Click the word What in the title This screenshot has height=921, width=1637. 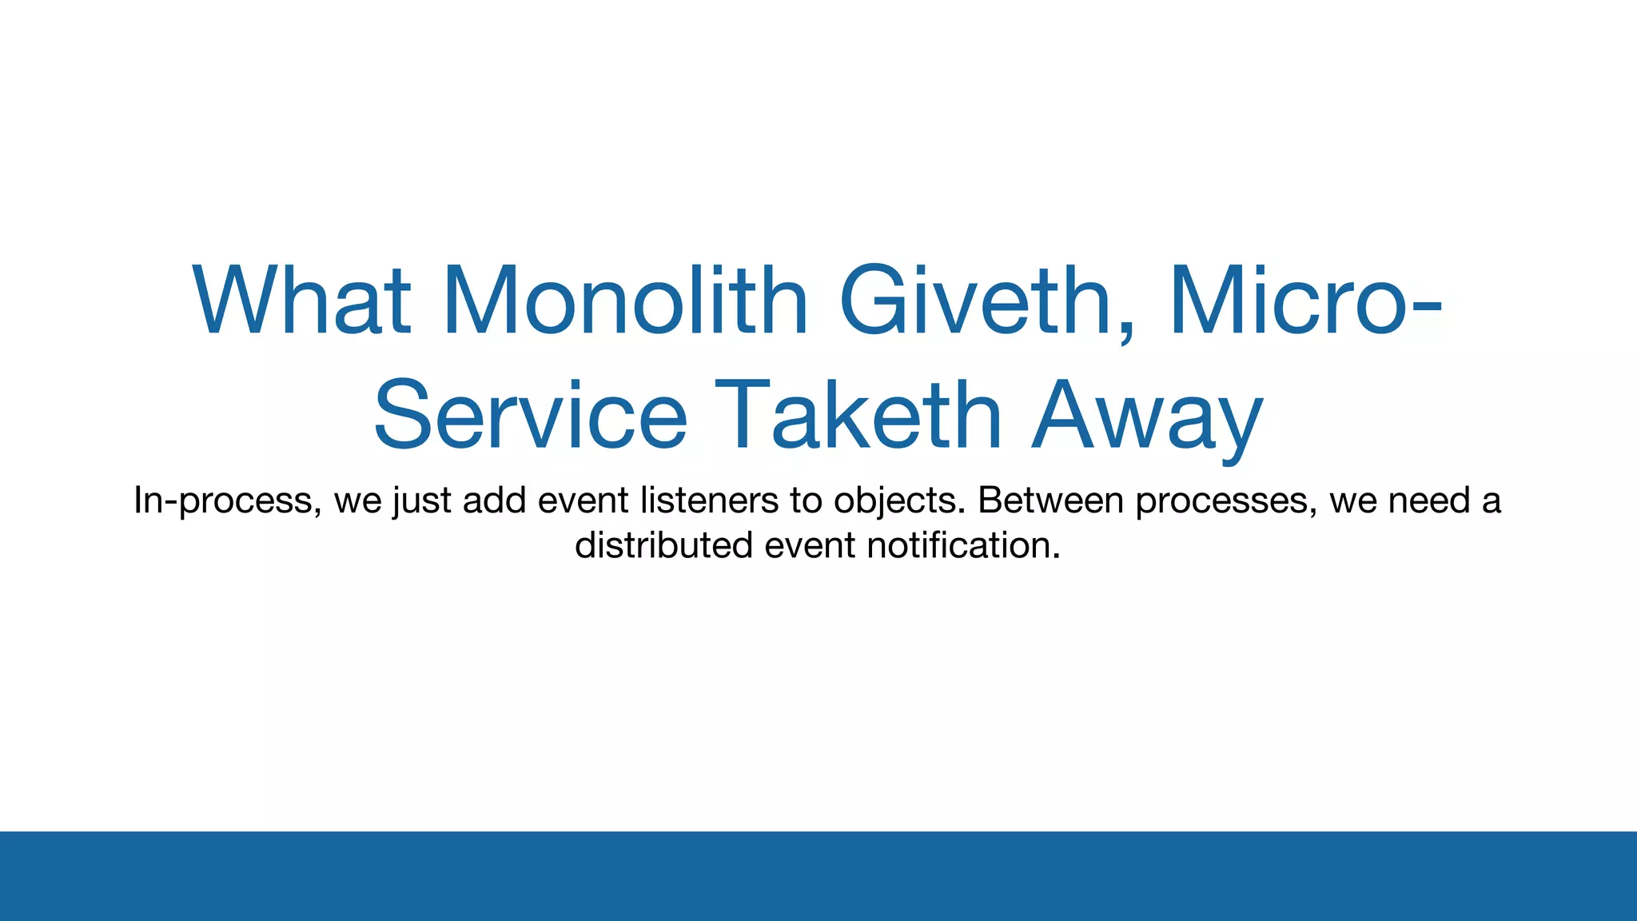[x=301, y=301]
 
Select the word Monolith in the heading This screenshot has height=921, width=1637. [x=625, y=301]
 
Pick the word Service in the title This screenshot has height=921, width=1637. [x=530, y=416]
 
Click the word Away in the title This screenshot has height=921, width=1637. [x=1147, y=419]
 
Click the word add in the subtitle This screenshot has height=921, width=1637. [x=494, y=500]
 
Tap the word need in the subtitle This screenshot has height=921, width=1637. [x=1429, y=500]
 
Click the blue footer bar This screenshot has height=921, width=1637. [x=818, y=876]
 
